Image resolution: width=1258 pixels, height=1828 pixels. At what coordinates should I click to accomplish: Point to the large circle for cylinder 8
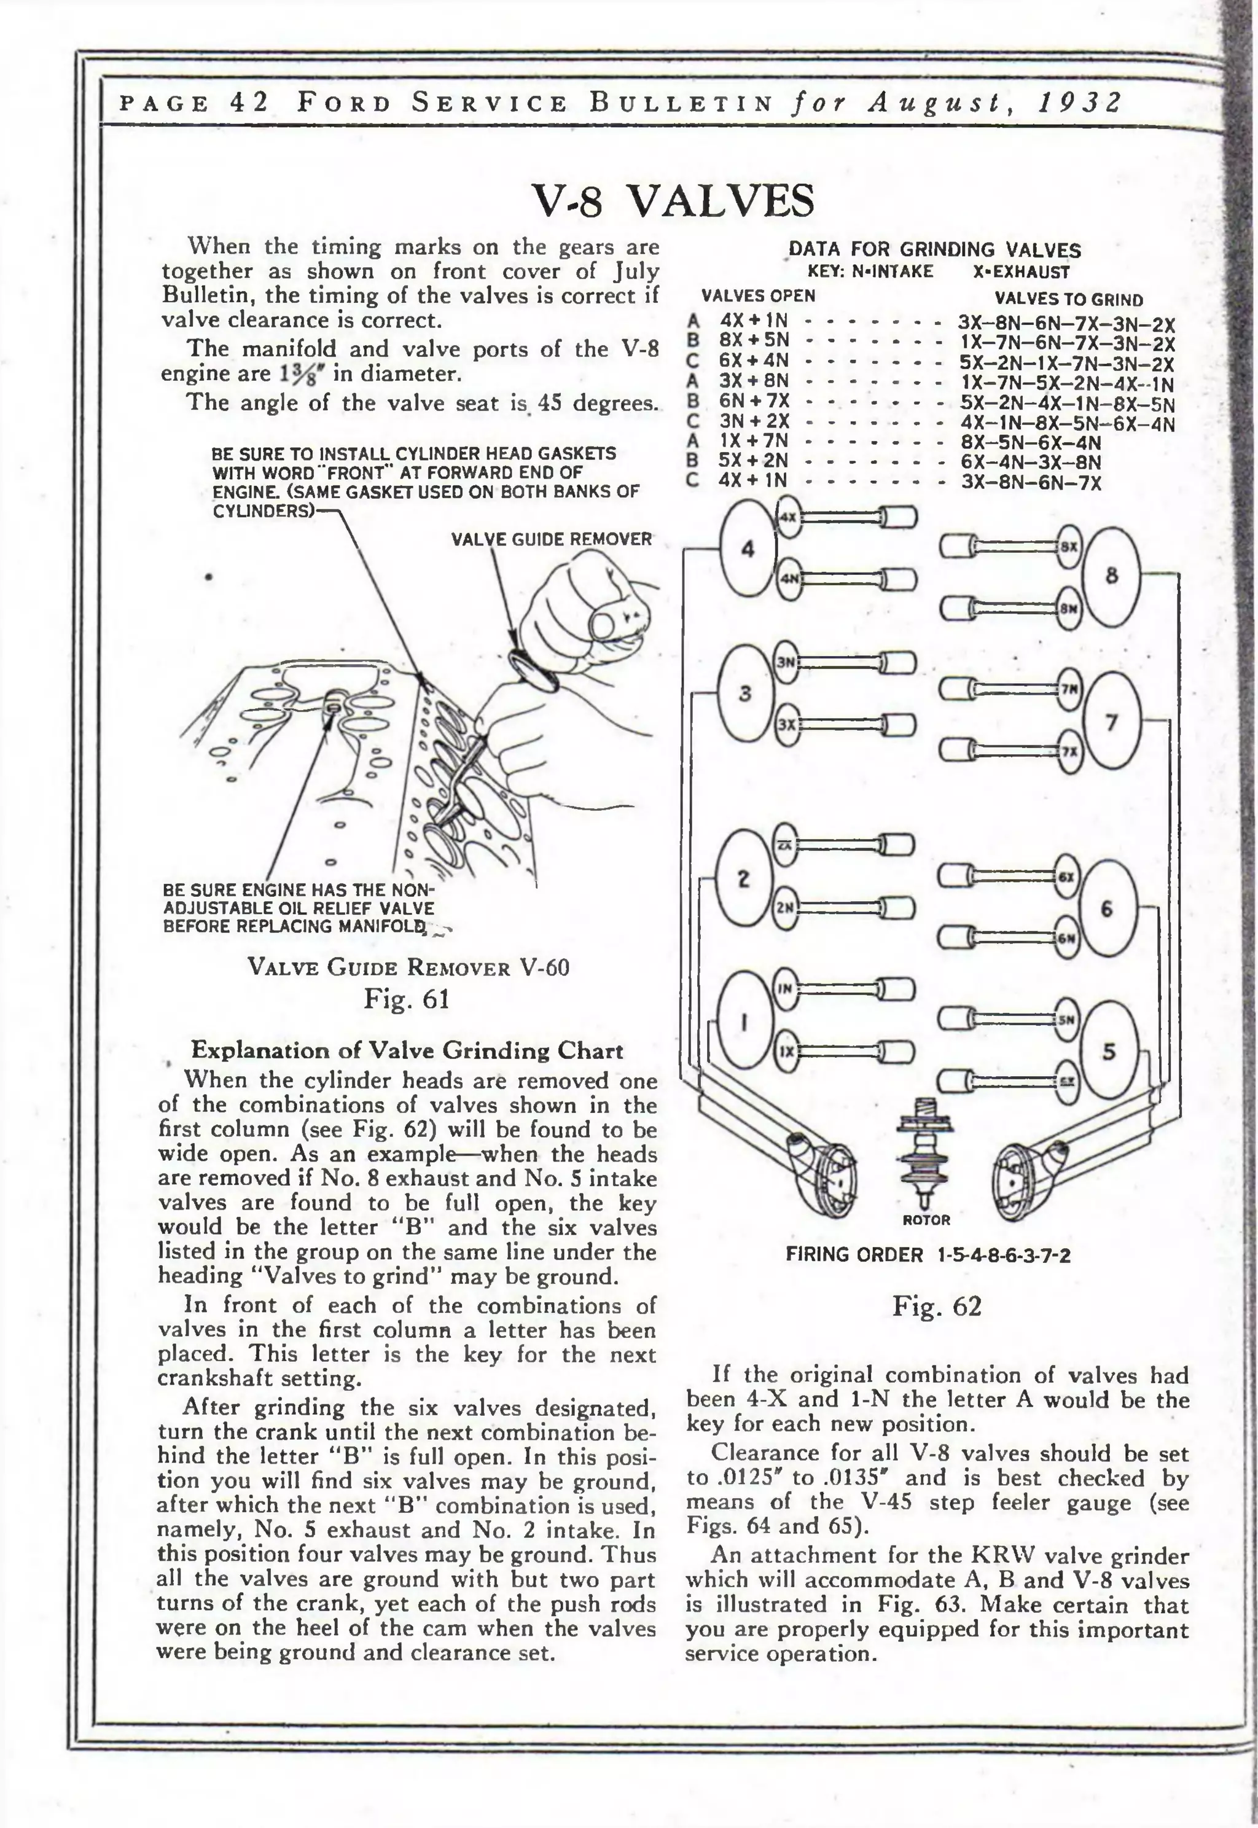[x=1111, y=576]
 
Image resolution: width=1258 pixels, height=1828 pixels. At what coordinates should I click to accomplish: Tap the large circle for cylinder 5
[x=1109, y=1051]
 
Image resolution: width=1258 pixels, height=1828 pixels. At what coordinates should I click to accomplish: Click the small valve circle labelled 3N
[x=786, y=662]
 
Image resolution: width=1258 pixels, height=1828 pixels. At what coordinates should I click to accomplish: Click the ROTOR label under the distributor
[x=926, y=1221]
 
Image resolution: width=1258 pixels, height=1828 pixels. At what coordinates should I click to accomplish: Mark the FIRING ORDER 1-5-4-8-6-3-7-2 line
[x=928, y=1256]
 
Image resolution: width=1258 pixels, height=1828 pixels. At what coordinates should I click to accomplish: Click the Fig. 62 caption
[x=936, y=1307]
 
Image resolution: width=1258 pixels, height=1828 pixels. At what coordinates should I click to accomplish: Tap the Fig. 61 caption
[x=407, y=999]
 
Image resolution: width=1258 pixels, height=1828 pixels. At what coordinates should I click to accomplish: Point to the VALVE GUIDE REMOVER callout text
[x=551, y=539]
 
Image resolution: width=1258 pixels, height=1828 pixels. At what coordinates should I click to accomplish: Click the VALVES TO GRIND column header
[x=1068, y=300]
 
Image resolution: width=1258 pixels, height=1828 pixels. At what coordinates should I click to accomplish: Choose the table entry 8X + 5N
[x=754, y=340]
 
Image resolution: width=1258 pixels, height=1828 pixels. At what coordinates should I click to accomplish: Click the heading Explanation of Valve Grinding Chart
[x=407, y=1051]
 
